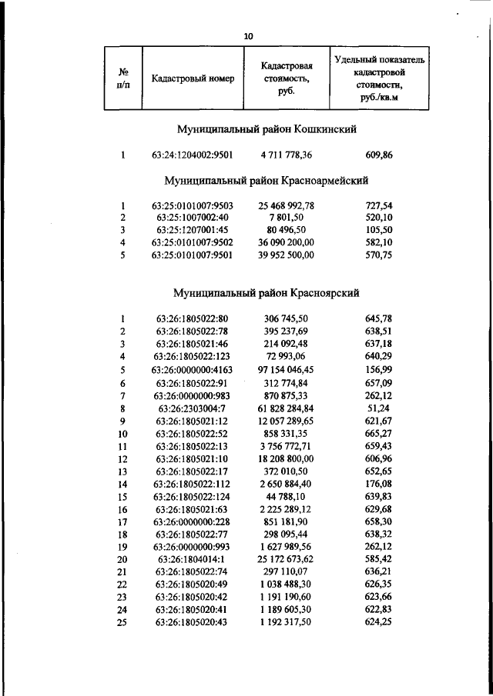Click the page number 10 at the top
point(247,36)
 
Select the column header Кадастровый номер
point(193,78)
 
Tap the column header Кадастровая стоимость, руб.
point(286,78)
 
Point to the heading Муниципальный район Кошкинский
point(266,130)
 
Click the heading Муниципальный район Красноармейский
point(266,181)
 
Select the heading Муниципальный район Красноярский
point(266,293)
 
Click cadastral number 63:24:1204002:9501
point(193,155)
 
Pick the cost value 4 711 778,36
point(287,155)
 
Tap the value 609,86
point(379,155)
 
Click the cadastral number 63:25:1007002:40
point(193,218)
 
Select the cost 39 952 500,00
point(287,255)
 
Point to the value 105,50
point(379,230)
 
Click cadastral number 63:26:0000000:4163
point(193,369)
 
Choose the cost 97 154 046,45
point(287,369)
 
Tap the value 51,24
point(379,408)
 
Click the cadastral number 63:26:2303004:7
point(193,408)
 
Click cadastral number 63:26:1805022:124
point(193,496)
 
